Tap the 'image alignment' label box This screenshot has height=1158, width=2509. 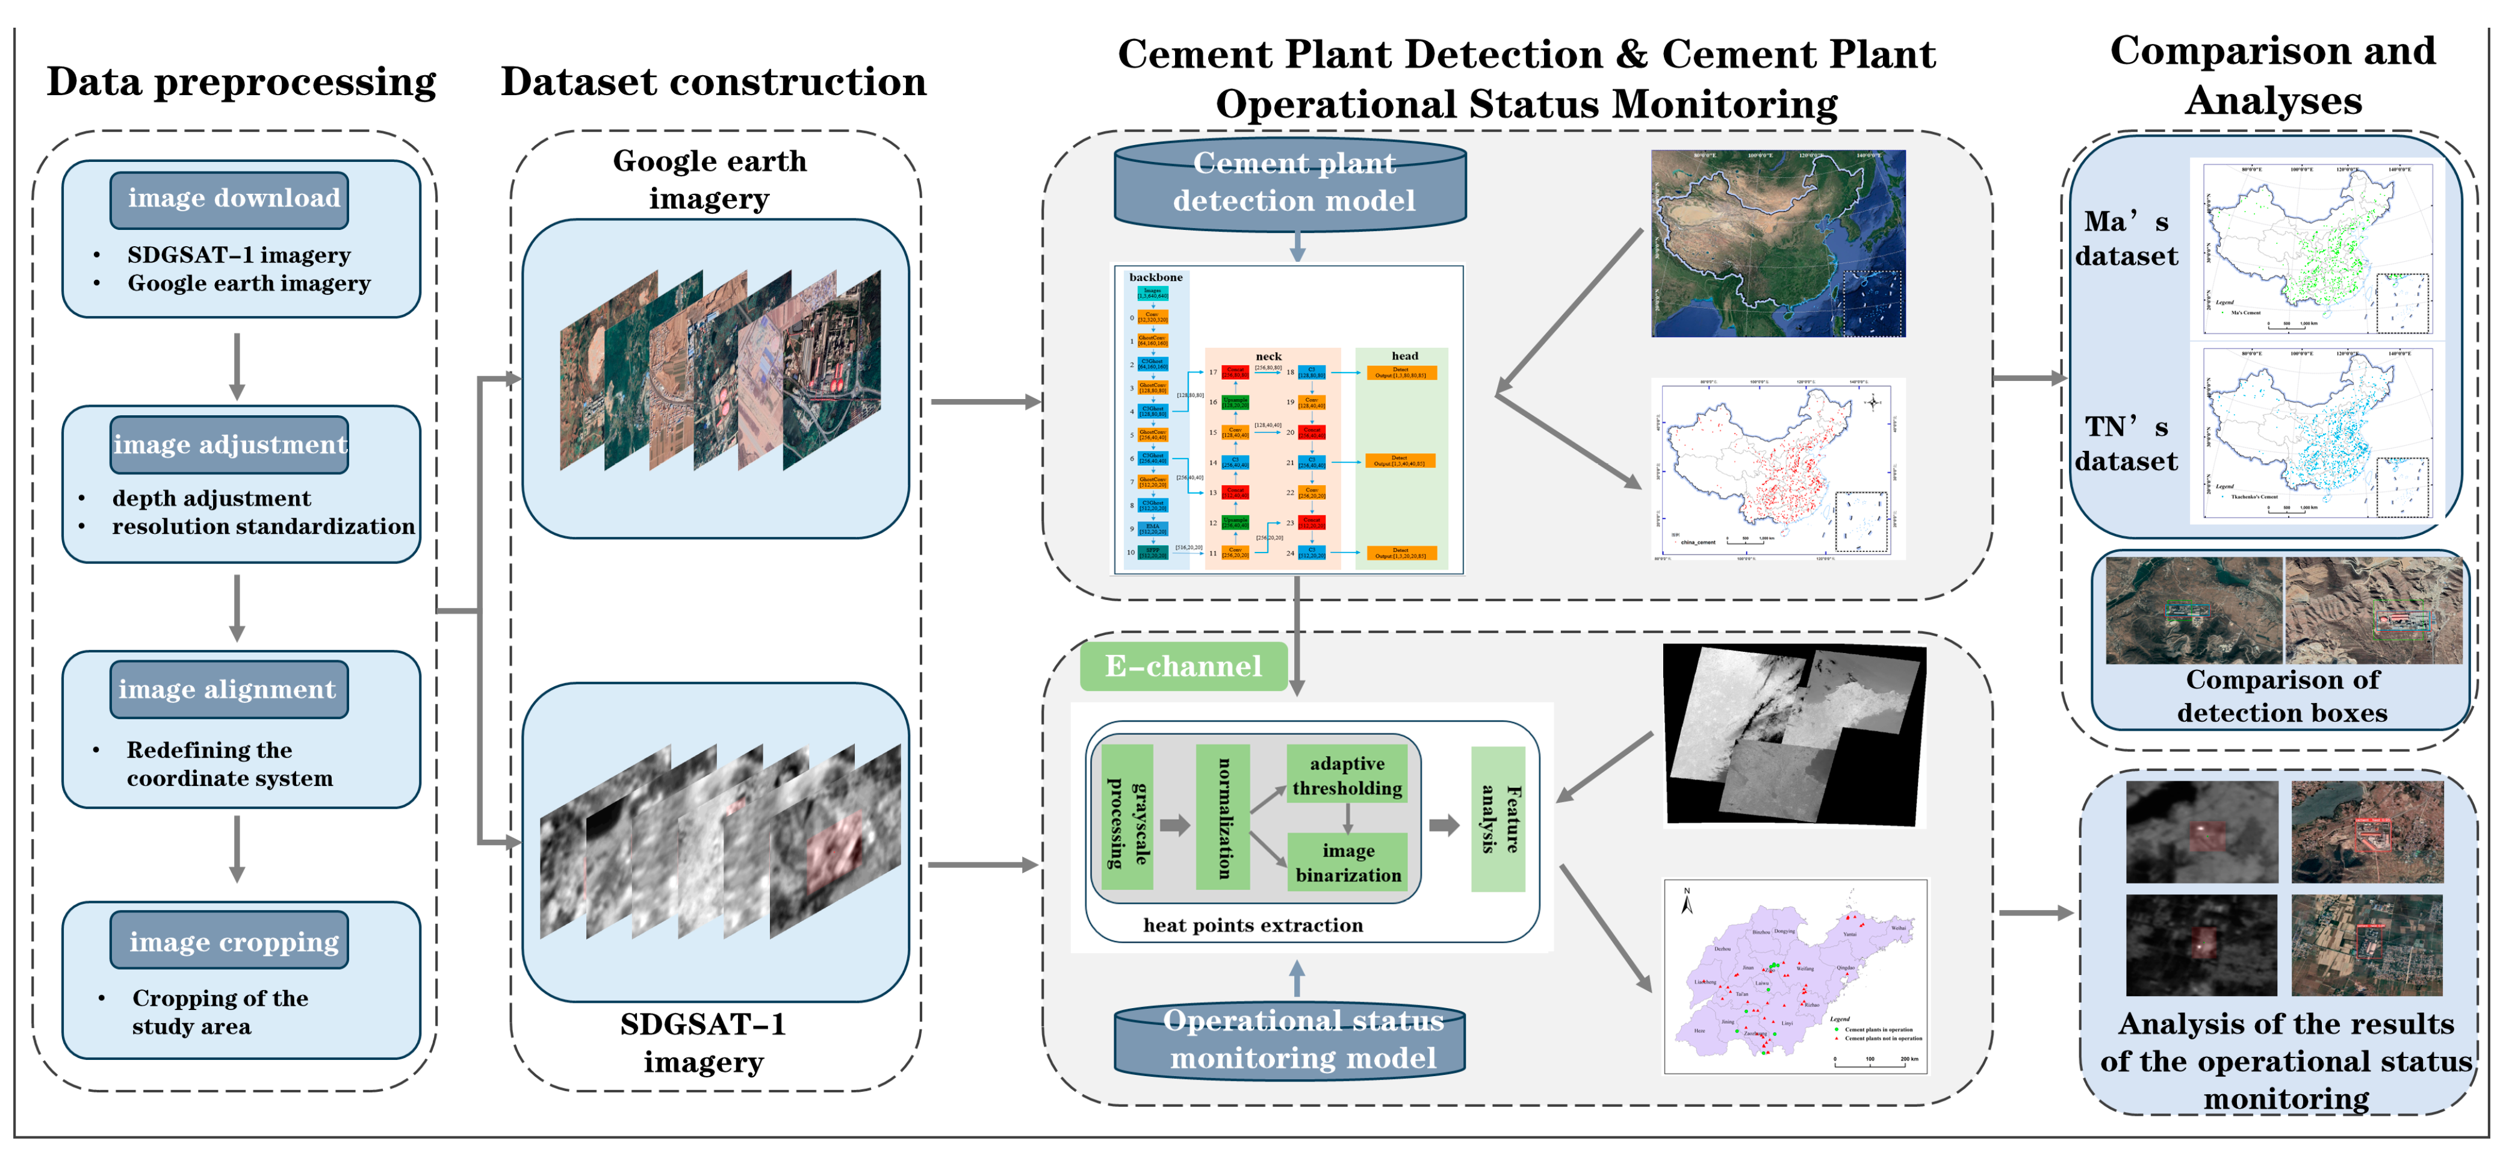point(229,690)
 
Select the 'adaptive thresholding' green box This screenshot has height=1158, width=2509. point(1347,775)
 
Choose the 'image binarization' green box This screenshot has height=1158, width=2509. point(1347,862)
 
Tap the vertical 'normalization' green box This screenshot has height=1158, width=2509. point(1223,818)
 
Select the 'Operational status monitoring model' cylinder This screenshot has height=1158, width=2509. point(1291,1039)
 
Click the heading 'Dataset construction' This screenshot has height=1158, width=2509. point(713,82)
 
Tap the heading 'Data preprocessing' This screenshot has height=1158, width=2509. point(241,82)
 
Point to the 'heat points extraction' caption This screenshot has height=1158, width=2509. point(1253,925)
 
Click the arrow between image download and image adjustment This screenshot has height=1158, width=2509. point(236,366)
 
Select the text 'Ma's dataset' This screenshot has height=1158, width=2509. point(2126,238)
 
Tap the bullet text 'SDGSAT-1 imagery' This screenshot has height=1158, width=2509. point(238,255)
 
